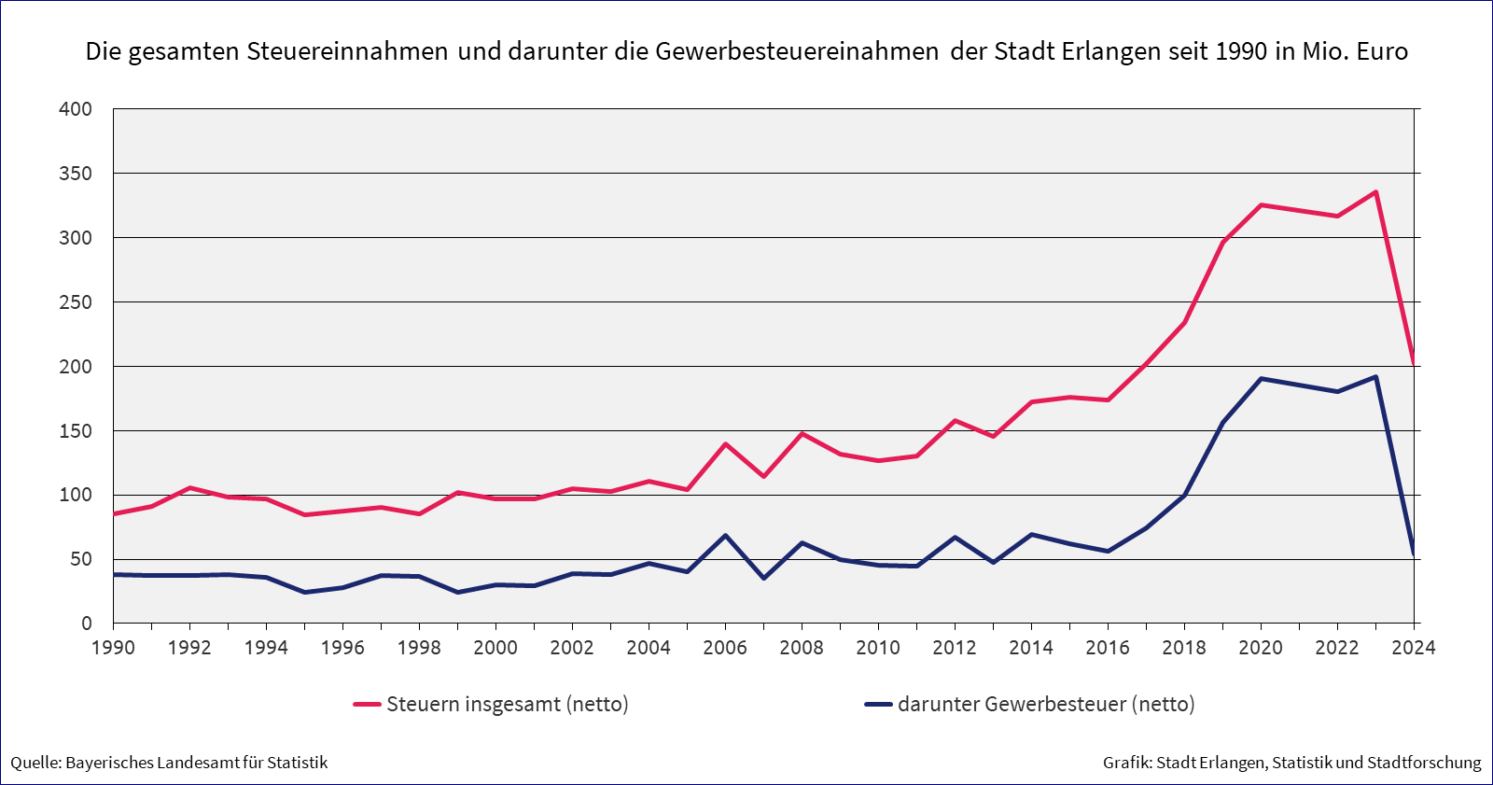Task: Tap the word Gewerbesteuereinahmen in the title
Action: (x=797, y=51)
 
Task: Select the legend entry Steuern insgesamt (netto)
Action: (x=507, y=704)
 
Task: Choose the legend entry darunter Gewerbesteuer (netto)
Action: (x=1045, y=704)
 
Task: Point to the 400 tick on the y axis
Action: (x=76, y=109)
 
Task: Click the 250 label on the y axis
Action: (x=76, y=302)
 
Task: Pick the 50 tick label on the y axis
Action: (x=81, y=559)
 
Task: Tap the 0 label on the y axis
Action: (x=87, y=624)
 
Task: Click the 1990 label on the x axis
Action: (x=113, y=648)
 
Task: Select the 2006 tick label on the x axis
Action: (x=725, y=648)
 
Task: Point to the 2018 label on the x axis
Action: (x=1184, y=648)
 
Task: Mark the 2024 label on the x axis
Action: (x=1414, y=648)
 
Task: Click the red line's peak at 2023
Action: (x=1375, y=192)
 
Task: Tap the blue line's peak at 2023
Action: (x=1375, y=377)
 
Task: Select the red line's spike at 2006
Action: (x=725, y=444)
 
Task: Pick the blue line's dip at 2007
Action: (x=763, y=579)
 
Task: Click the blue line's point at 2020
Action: (x=1261, y=379)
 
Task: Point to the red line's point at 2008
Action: (x=802, y=434)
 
